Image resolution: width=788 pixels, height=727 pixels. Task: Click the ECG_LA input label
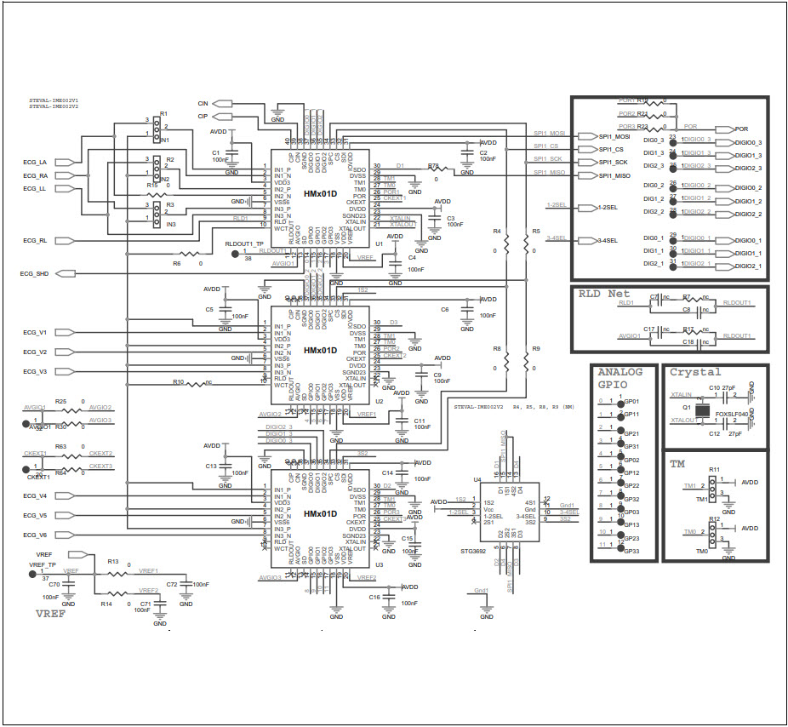35,162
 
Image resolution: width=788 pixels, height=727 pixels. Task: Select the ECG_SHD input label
34,274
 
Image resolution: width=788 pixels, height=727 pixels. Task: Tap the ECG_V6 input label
35,535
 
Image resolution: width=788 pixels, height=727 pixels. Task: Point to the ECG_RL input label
35,241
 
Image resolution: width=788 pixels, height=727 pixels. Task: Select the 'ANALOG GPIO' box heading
620,379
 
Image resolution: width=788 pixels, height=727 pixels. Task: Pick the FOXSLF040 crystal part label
731,414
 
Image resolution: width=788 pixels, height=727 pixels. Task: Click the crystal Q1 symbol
703,411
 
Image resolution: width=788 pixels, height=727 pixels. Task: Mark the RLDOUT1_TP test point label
245,243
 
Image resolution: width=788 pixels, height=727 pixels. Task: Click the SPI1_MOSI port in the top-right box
614,136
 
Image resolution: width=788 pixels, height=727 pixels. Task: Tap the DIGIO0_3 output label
747,142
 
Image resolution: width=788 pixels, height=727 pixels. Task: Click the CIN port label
203,103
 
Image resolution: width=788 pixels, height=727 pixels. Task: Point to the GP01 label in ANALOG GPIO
631,401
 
